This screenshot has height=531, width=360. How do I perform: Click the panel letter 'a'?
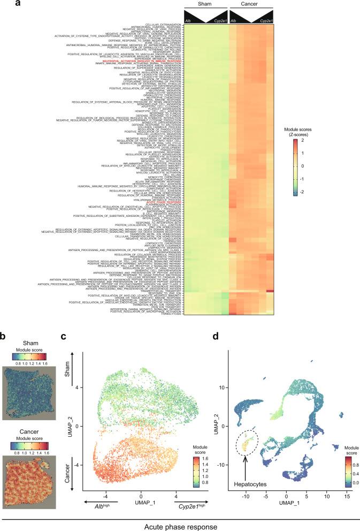click(4, 4)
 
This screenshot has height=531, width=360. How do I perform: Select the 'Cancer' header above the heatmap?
click(251, 4)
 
